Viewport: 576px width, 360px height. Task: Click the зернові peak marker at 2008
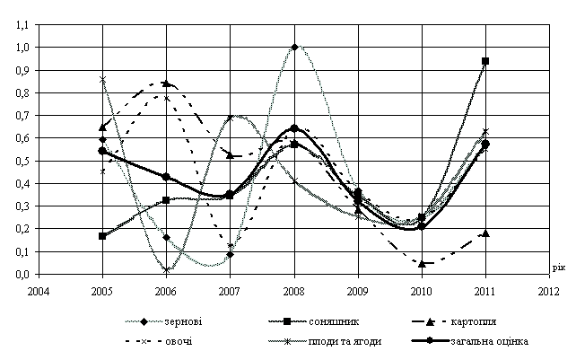294,47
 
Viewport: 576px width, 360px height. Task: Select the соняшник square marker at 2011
485,61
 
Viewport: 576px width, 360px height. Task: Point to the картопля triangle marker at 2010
422,263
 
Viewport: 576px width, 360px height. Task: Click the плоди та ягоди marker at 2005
103,80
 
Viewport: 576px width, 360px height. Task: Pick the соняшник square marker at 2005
103,236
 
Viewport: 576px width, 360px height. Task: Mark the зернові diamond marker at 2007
231,255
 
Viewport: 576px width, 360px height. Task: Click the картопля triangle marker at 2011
485,233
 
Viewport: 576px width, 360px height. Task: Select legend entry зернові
179,321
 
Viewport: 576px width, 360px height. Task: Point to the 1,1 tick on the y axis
22,24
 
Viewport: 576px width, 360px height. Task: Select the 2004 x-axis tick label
39,291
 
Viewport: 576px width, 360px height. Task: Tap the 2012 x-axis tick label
548,291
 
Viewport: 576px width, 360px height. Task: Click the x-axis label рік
558,267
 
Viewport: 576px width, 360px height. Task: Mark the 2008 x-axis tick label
294,291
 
